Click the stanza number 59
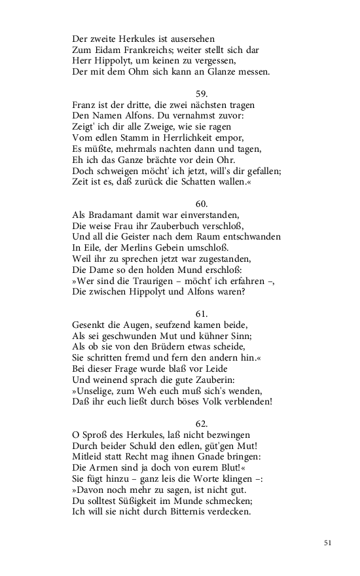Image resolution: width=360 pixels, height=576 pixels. pos(202,94)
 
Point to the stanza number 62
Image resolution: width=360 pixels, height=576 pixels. pos(202,423)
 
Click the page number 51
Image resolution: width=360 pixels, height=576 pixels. pos(328,542)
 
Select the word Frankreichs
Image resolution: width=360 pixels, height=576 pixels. pos(145,50)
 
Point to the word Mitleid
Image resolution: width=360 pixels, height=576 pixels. pos(88,457)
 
